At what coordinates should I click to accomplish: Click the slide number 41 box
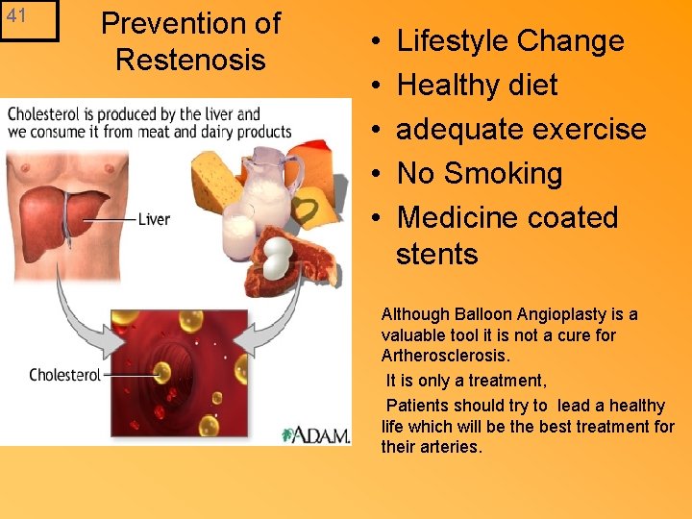tap(28, 20)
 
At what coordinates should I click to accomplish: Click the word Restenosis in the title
tap(189, 60)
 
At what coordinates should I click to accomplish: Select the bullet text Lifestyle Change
tap(509, 41)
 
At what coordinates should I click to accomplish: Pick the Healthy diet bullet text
tap(477, 86)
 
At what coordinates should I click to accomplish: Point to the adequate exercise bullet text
tap(521, 130)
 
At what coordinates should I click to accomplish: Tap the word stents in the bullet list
tap(436, 255)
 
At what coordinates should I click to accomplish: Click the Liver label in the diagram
tap(154, 219)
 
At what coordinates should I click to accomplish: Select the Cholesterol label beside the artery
tap(64, 375)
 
